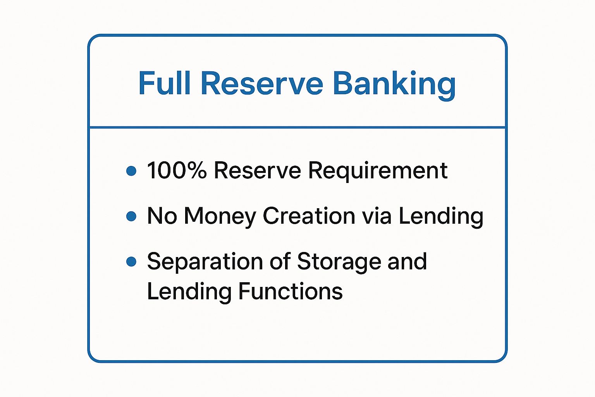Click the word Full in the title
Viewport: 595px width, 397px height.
(x=164, y=83)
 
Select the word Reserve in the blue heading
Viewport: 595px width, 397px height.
(x=262, y=83)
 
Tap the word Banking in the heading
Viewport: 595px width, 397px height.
(x=394, y=84)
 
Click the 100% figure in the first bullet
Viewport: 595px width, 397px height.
(x=177, y=170)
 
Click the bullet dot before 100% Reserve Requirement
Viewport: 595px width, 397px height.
(x=131, y=171)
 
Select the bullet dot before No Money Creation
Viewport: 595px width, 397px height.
(x=131, y=216)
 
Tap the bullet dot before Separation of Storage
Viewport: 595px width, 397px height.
(x=131, y=262)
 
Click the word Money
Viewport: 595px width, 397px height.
(x=220, y=216)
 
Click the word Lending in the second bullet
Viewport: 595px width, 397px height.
(x=441, y=216)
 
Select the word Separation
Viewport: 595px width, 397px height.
(x=205, y=262)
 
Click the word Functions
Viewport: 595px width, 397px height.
(x=291, y=292)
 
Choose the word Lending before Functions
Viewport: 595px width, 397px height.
(x=189, y=292)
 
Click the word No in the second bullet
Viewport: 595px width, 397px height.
(x=162, y=216)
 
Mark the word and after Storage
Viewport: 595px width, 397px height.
(x=407, y=261)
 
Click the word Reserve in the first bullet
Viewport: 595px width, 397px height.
(x=257, y=170)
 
